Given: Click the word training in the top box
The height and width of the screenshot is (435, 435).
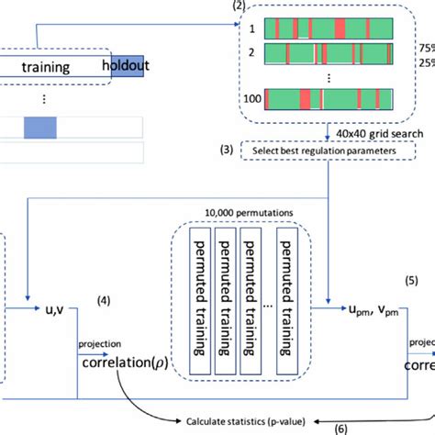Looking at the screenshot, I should coord(44,66).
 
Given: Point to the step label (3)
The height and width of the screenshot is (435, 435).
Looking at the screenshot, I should coord(226,148).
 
